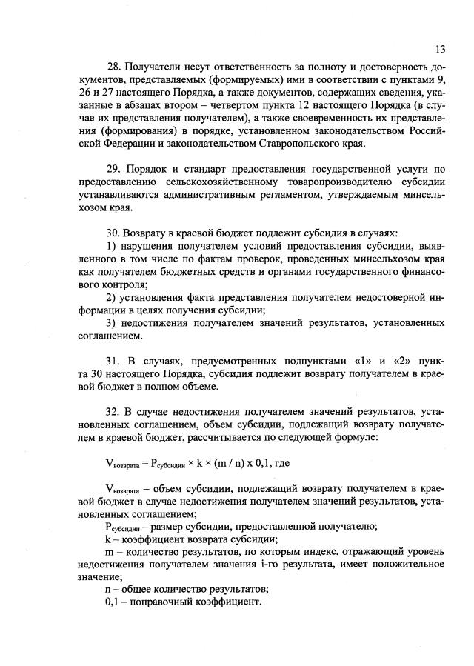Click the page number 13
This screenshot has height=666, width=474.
point(440,50)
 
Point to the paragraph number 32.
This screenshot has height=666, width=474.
point(113,410)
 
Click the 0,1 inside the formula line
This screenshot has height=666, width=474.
point(271,463)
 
